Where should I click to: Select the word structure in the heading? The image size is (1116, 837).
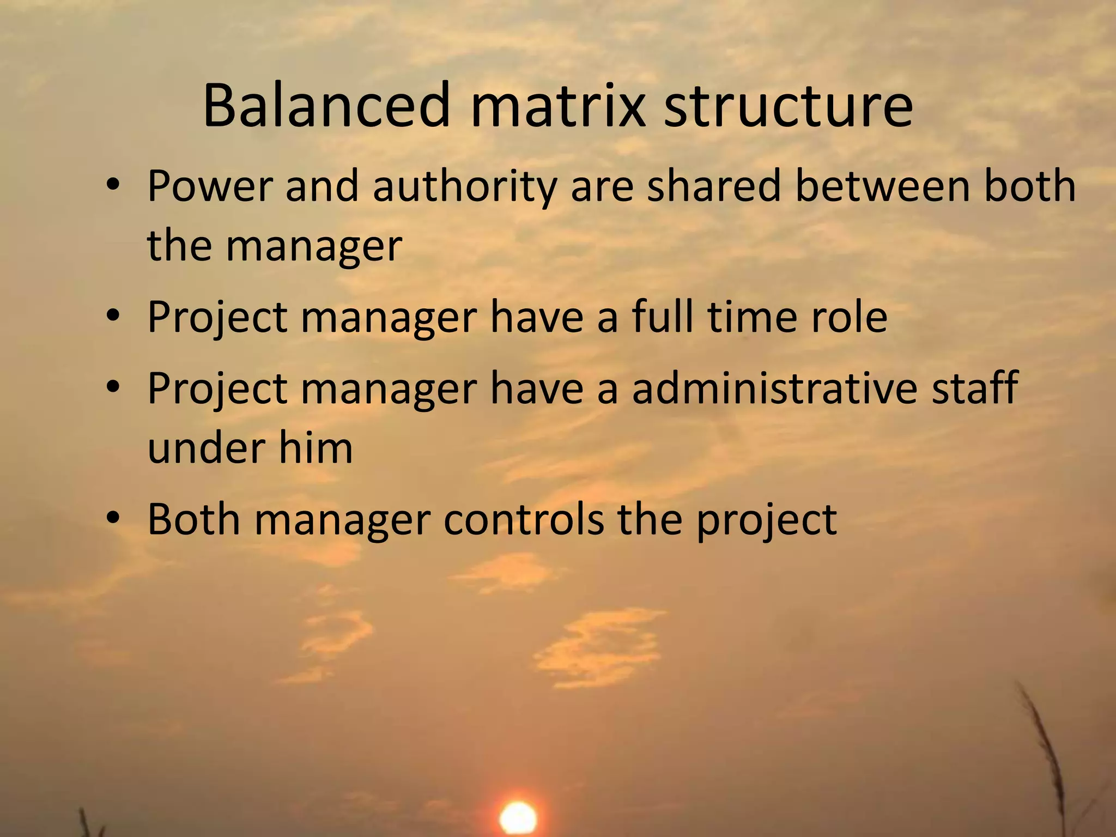[788, 105]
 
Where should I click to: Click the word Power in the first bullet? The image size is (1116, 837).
[209, 186]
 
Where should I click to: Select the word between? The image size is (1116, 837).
[883, 186]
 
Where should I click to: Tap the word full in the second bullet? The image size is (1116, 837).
[663, 317]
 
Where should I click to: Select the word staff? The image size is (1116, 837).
[974, 389]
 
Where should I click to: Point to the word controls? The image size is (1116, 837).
[524, 519]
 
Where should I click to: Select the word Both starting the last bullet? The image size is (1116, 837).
[194, 519]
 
